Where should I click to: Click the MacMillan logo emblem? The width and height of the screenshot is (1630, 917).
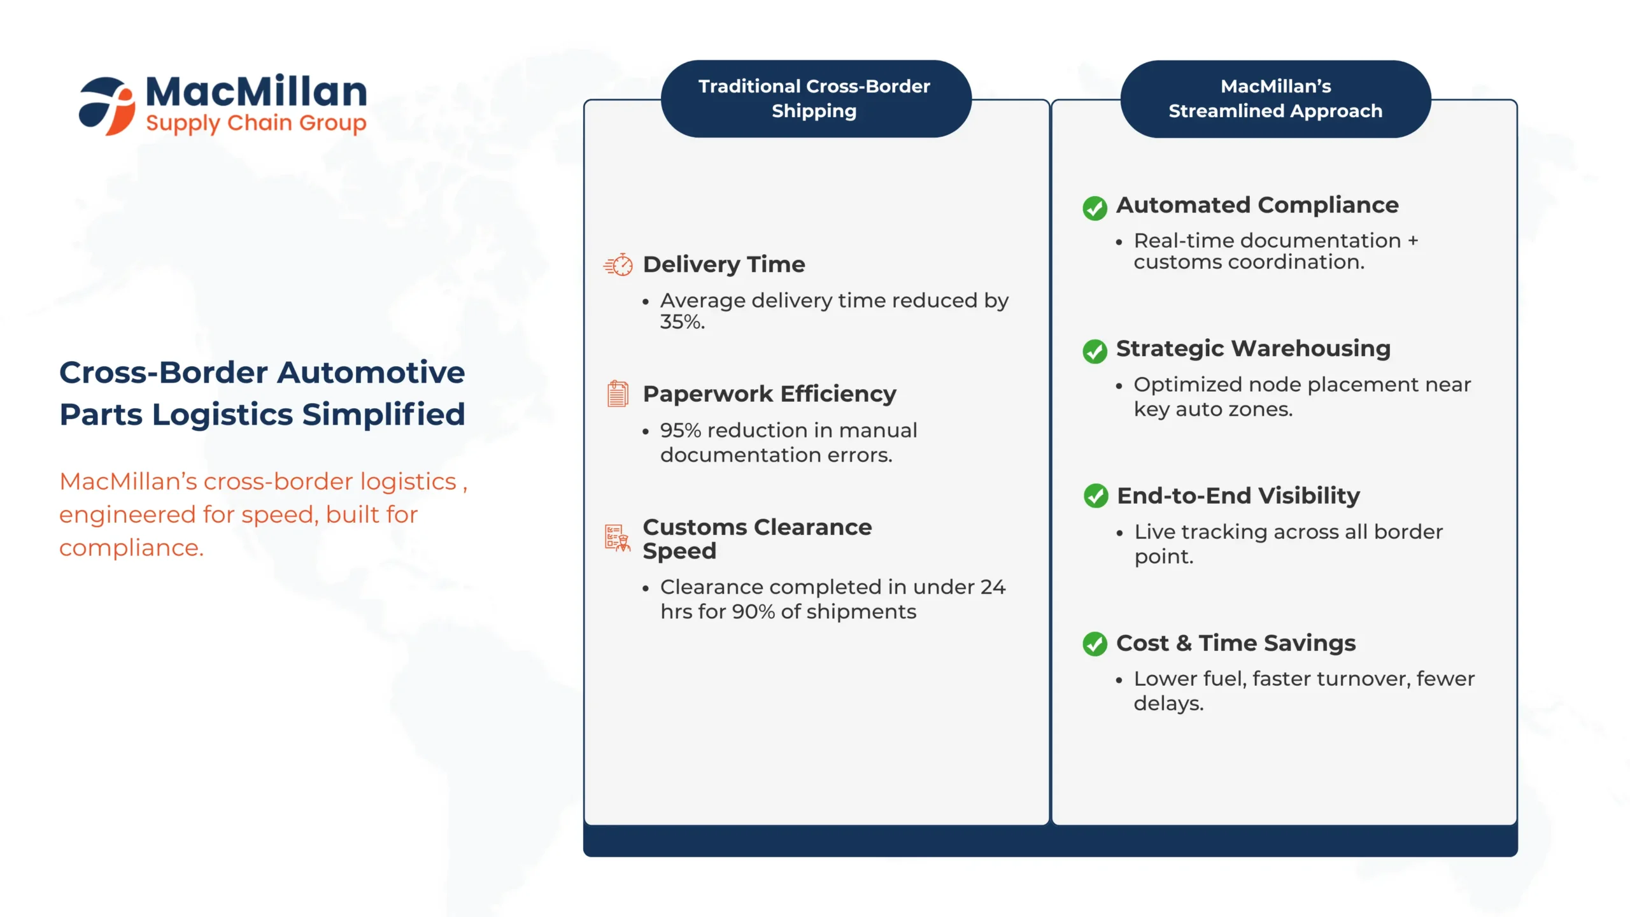(107, 106)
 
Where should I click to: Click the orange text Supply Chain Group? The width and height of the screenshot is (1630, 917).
(256, 124)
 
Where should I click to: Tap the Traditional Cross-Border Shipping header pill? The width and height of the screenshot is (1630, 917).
(816, 99)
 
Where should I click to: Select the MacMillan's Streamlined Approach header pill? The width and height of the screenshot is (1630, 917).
(1275, 99)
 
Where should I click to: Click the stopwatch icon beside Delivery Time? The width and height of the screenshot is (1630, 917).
(618, 265)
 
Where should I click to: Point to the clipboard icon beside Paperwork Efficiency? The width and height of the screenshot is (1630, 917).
(618, 394)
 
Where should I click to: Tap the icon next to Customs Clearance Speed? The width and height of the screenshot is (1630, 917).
(618, 538)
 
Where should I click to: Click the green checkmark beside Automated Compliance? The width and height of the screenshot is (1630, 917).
(1095, 208)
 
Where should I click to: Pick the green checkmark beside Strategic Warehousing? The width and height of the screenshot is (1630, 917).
(1095, 351)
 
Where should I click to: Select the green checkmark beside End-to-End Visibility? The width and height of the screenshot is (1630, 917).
(1096, 495)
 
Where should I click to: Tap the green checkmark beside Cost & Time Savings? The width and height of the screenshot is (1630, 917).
(1095, 644)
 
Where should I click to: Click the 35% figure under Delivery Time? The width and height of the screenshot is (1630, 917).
(682, 322)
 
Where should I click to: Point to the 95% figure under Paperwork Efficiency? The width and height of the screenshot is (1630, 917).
(681, 430)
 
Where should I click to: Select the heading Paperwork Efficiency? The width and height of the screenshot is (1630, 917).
(769, 394)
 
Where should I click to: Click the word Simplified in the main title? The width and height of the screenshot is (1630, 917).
(384, 415)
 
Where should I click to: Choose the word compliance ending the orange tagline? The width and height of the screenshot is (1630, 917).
(131, 548)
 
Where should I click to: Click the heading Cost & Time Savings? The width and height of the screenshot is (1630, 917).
(1236, 643)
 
